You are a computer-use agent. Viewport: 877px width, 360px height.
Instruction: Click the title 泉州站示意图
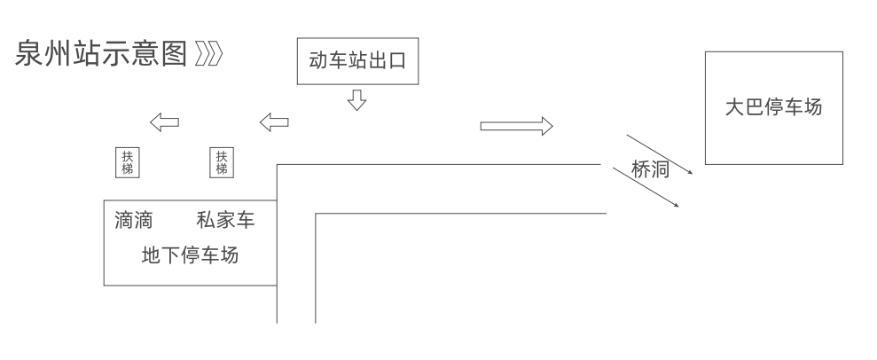coord(101,55)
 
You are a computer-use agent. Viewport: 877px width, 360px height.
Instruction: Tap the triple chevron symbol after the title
coord(209,55)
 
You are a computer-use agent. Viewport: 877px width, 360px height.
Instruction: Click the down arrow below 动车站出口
coord(356,99)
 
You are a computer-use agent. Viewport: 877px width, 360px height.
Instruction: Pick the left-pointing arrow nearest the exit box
coord(274,121)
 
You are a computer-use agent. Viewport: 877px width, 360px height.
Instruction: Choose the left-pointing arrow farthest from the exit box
coord(164,121)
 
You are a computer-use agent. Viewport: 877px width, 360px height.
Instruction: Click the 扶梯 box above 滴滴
coord(127,162)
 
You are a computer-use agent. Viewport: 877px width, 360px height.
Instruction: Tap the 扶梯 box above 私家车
coord(221,162)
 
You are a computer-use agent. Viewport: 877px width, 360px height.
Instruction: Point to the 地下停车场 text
coord(191,256)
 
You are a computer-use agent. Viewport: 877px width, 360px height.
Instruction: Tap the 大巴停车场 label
coord(773,108)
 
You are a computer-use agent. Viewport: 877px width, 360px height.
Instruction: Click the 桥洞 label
coord(650,171)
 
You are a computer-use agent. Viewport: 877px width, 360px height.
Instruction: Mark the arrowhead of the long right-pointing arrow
coord(546,126)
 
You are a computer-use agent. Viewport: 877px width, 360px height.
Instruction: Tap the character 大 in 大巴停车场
coord(734,108)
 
